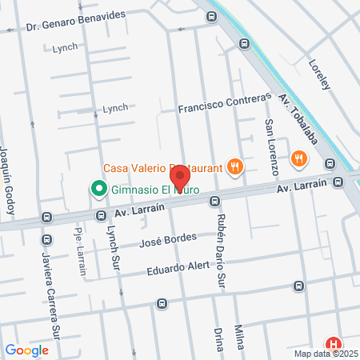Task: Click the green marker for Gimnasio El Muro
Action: (98, 190)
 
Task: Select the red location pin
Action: (181, 175)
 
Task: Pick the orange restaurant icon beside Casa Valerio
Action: (234, 166)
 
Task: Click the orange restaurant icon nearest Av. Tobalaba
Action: (298, 158)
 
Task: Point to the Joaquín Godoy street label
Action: (8, 180)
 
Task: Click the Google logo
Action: (26, 350)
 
